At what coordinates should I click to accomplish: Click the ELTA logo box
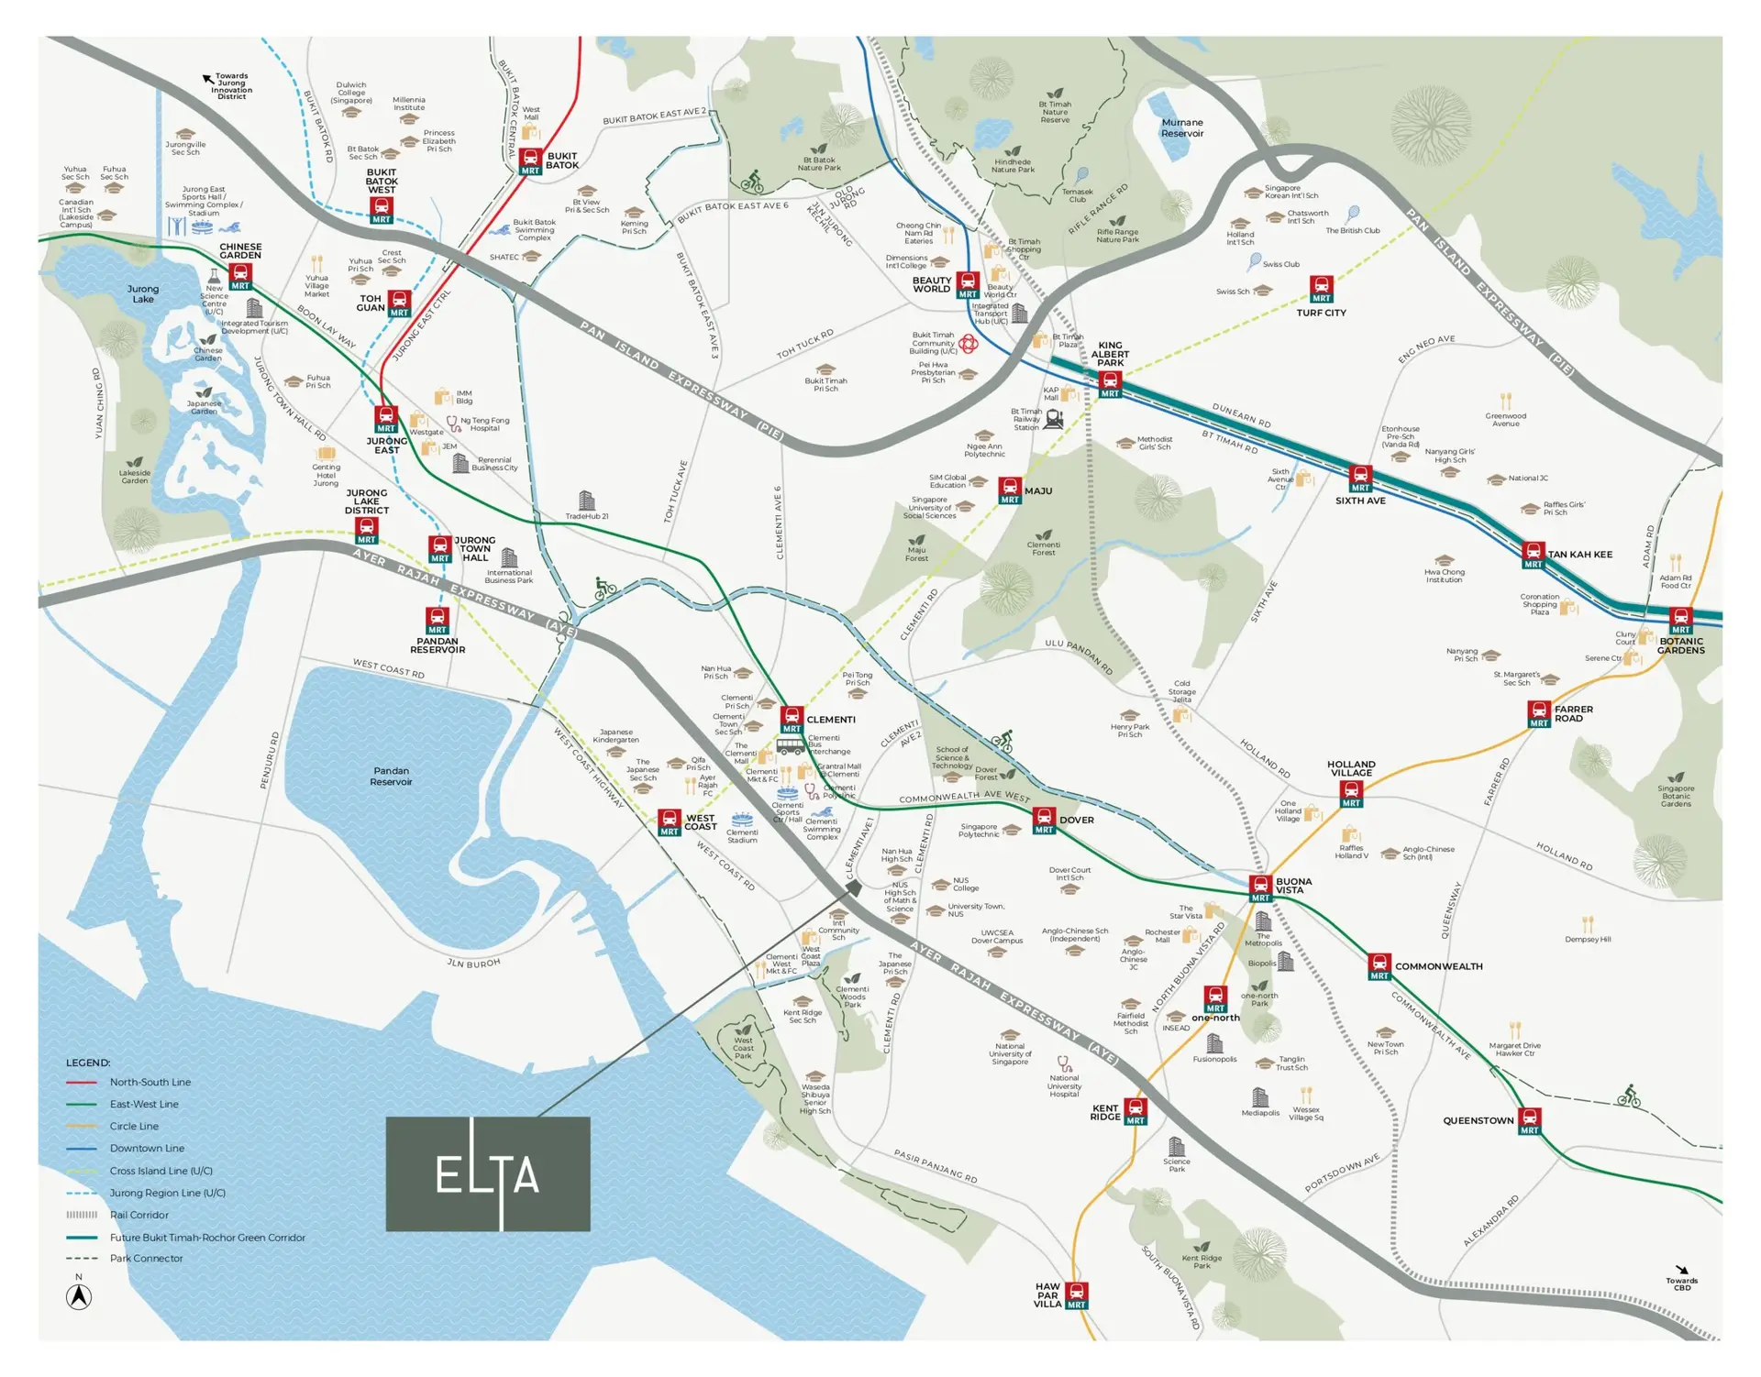click(x=487, y=1173)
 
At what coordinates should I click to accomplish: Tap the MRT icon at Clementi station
click(x=792, y=718)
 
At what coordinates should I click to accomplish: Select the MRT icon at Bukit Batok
click(x=530, y=160)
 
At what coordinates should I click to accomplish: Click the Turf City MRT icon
click(x=1321, y=288)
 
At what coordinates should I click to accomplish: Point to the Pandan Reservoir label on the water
click(x=391, y=776)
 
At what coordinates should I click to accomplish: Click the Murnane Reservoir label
click(x=1181, y=127)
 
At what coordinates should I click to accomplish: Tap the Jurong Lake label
click(x=143, y=293)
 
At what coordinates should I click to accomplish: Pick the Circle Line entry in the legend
click(x=134, y=1126)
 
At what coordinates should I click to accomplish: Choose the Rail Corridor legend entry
click(x=138, y=1215)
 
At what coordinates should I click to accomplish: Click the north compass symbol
click(x=79, y=1296)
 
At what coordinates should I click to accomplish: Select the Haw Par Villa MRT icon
click(x=1077, y=1294)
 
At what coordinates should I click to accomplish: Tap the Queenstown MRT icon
click(x=1529, y=1120)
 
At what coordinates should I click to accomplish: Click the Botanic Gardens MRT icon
click(x=1680, y=621)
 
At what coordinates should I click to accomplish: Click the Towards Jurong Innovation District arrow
click(x=209, y=80)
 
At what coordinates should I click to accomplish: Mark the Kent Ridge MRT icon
click(x=1135, y=1110)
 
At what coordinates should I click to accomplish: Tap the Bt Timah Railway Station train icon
click(x=1054, y=419)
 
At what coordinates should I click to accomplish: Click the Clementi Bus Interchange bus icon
click(x=790, y=746)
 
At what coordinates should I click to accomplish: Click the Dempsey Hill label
click(x=1588, y=939)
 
